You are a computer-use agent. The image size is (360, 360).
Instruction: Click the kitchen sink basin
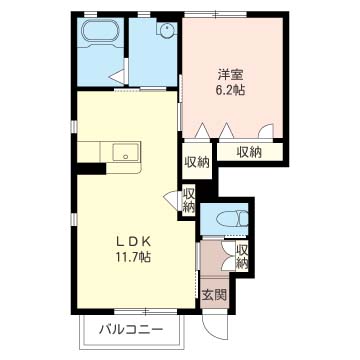125,153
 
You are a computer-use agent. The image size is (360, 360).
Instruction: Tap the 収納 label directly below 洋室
248,152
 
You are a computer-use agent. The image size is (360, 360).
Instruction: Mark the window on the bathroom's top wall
101,15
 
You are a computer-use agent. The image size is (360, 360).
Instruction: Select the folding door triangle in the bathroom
116,77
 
